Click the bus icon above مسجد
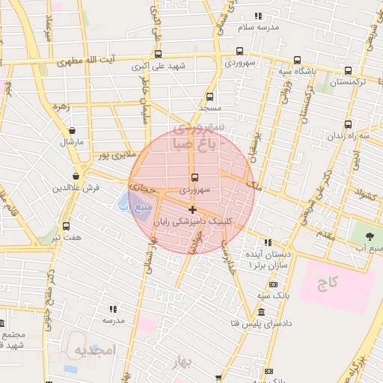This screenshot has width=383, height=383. click(209, 96)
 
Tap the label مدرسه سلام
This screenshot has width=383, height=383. click(257, 27)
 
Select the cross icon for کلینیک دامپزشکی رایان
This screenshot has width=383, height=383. click(193, 209)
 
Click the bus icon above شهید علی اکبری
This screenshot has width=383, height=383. click(158, 54)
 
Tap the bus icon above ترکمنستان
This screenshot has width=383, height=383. click(349, 71)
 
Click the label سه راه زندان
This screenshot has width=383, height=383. click(354, 137)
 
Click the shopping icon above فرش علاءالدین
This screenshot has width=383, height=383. click(76, 177)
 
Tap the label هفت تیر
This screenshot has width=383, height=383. click(66, 237)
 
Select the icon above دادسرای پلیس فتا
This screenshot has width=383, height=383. click(260, 312)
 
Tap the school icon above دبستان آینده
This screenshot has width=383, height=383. click(268, 242)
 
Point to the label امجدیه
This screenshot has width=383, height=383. click(91, 350)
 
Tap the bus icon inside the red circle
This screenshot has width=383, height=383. click(195, 177)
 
